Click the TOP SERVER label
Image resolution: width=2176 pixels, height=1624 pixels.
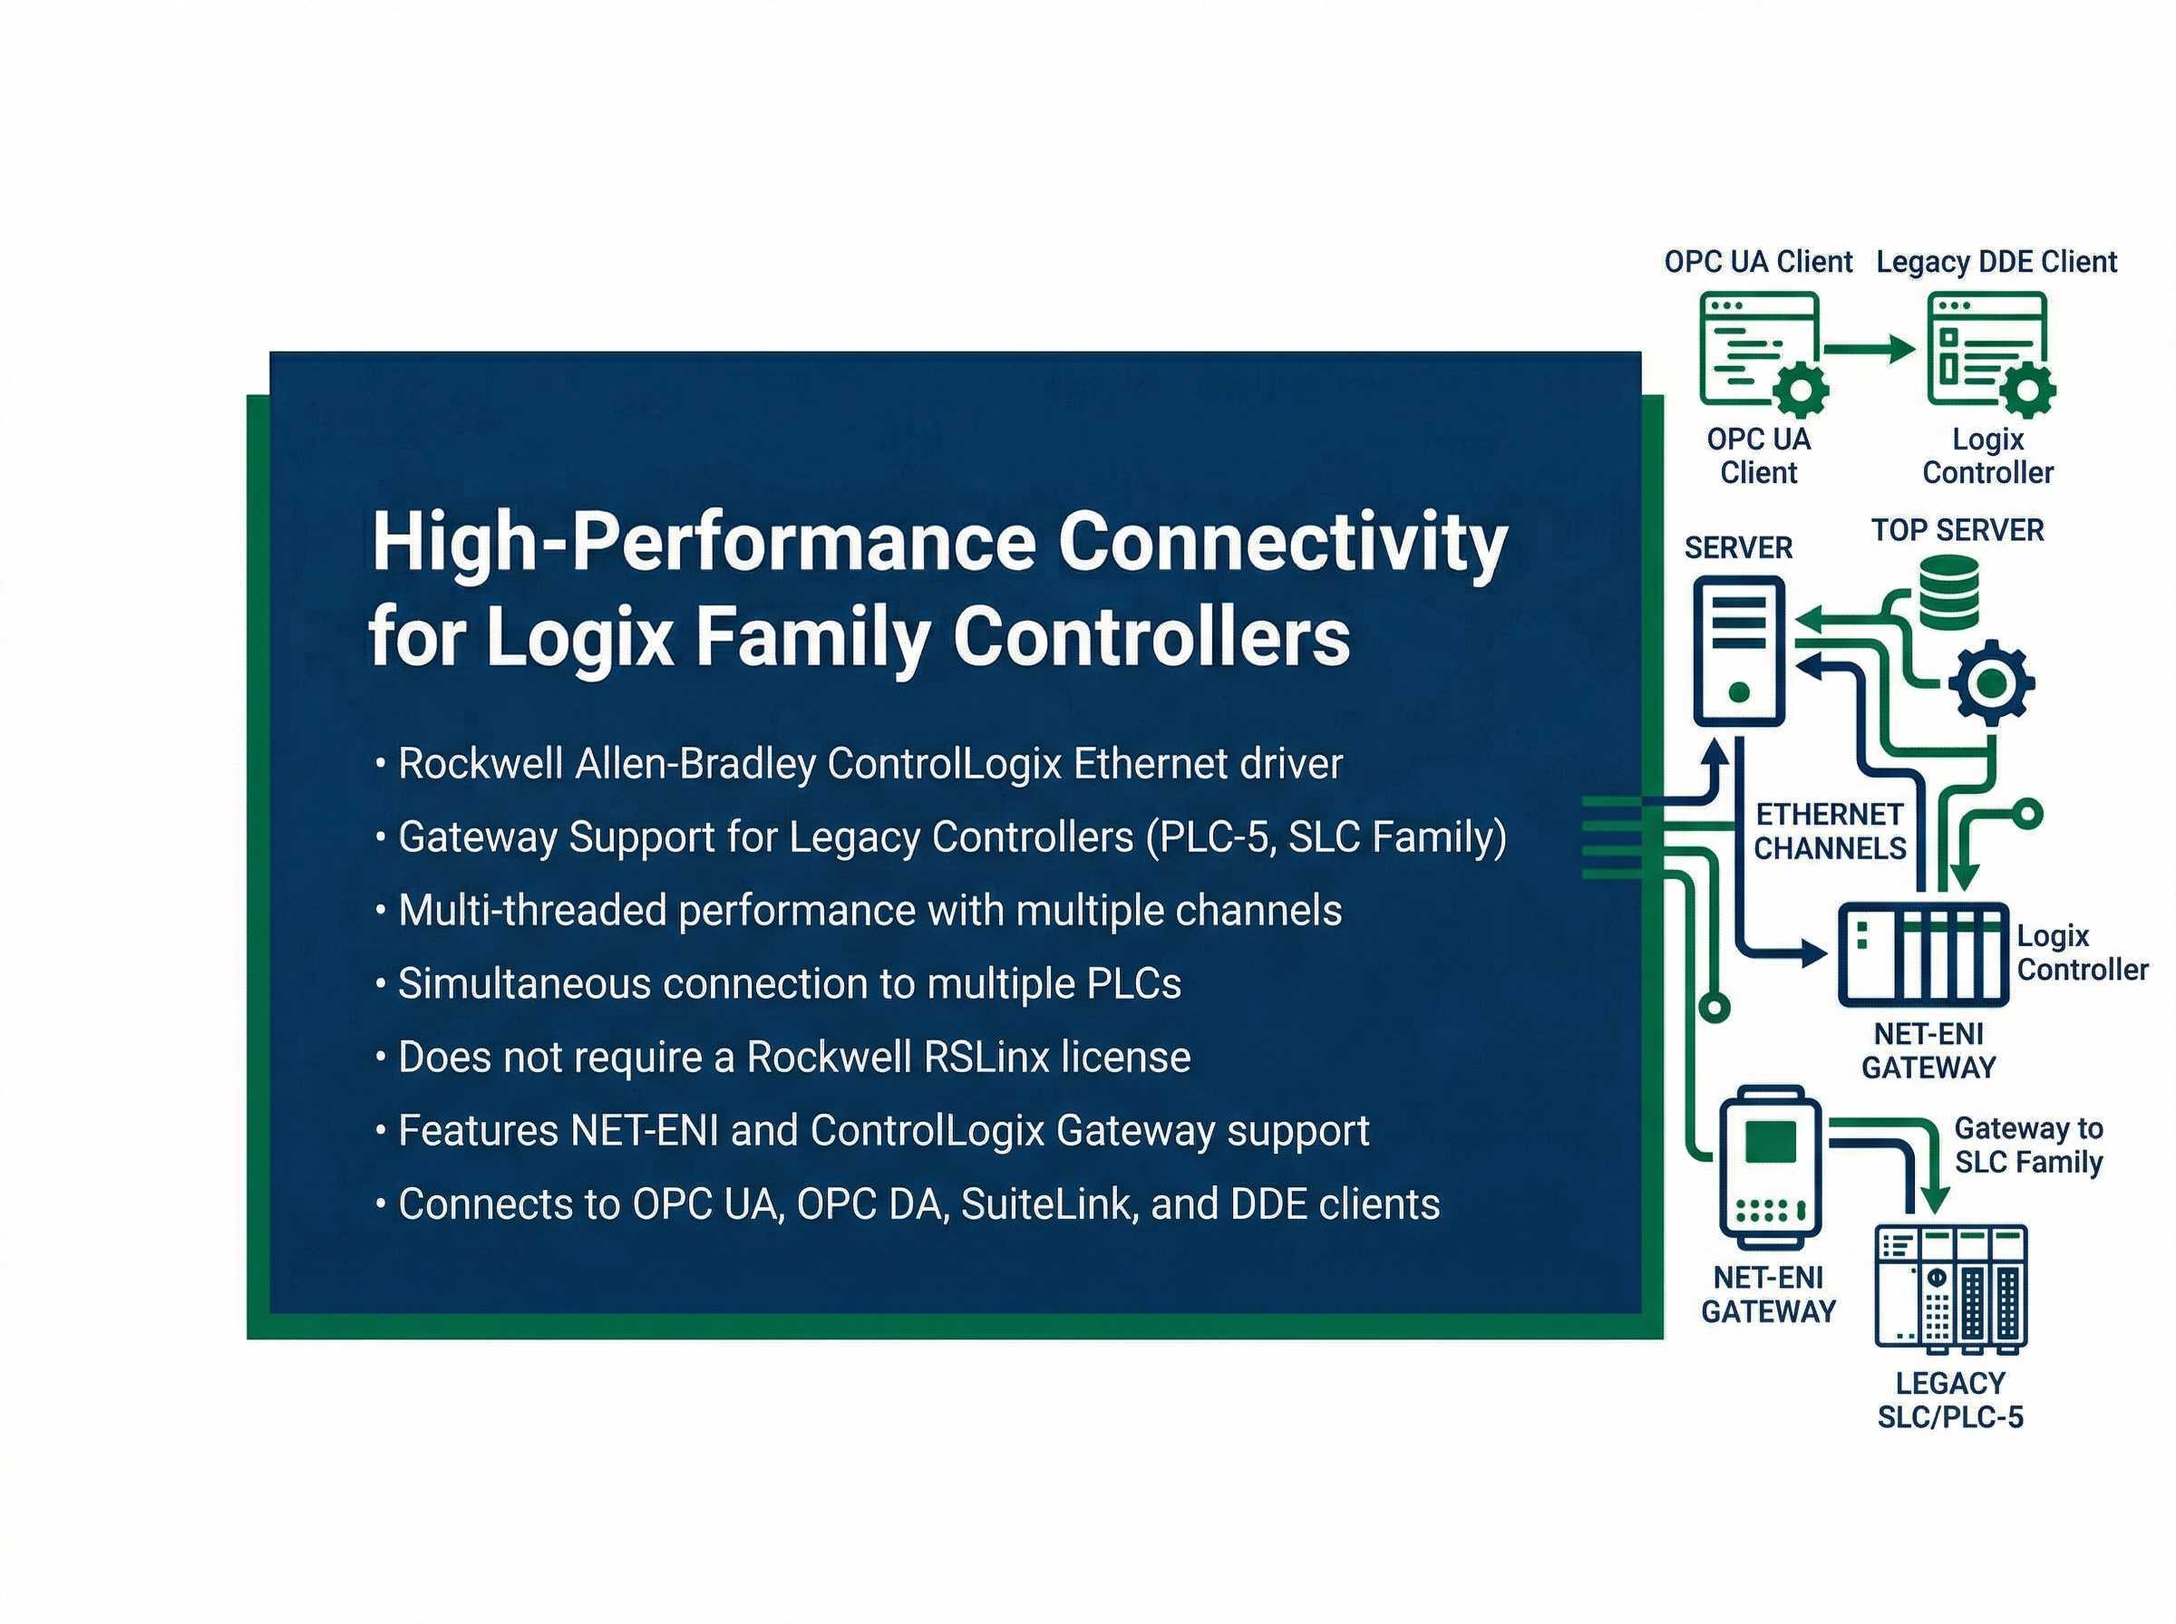pos(1957,531)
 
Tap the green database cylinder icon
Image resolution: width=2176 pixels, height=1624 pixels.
pos(1948,592)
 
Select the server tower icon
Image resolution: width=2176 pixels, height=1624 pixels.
pos(1737,651)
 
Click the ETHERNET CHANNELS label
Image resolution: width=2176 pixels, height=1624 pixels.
pos(1829,832)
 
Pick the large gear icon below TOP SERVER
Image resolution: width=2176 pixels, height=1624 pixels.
pos(1991,682)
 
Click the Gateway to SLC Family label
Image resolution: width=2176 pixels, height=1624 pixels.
pos(2027,1145)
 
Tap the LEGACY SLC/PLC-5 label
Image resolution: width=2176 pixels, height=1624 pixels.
pos(1950,1400)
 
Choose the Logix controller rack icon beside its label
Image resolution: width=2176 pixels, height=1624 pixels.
pos(1923,953)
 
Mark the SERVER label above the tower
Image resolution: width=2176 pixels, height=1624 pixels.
pos(1737,547)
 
